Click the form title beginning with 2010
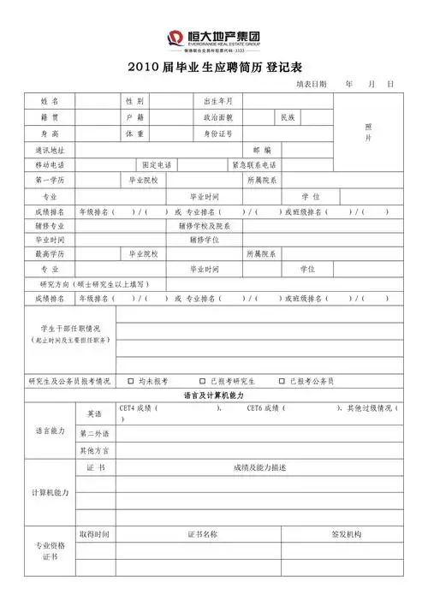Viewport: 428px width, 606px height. pyautogui.click(x=213, y=67)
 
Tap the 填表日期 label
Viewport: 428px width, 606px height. pyautogui.click(x=312, y=85)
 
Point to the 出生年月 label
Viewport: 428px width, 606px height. pyautogui.click(x=217, y=101)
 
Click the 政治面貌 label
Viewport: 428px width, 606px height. pyautogui.click(x=217, y=116)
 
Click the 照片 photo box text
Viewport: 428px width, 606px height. pyautogui.click(x=368, y=131)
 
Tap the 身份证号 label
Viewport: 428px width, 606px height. pyautogui.click(x=217, y=134)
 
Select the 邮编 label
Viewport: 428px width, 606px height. pyautogui.click(x=262, y=150)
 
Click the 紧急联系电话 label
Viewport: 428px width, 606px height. pyautogui.click(x=253, y=165)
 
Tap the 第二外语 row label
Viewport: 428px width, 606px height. pyautogui.click(x=94, y=433)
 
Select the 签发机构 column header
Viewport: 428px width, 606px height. pyautogui.click(x=346, y=534)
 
